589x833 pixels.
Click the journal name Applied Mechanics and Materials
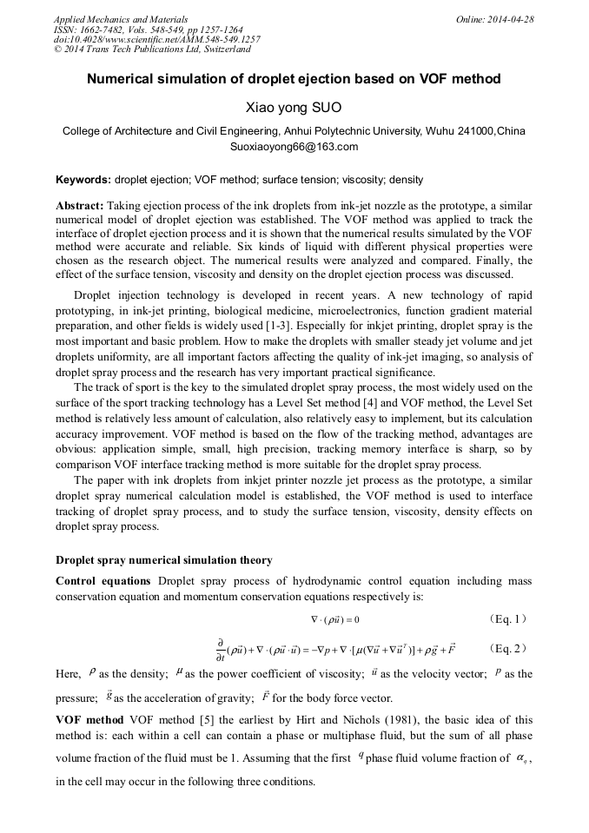121,18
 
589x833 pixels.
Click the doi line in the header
156,39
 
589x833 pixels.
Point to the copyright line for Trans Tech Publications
152,50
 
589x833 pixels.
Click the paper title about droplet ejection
294,79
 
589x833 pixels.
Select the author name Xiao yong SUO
294,109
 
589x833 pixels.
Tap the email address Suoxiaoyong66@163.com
294,147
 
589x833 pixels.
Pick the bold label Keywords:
83,180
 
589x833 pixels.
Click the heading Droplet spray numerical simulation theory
163,560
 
